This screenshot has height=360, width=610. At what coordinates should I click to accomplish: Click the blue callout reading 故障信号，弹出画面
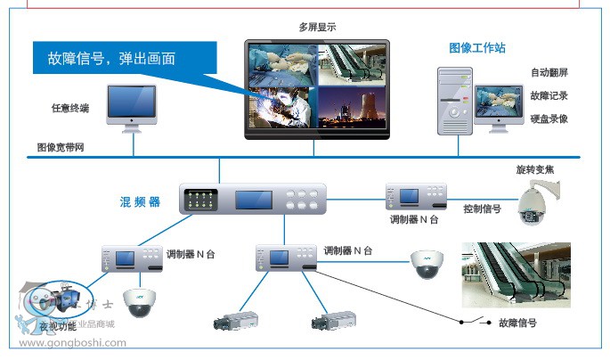(x=111, y=60)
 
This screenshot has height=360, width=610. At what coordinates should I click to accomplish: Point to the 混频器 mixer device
(x=253, y=199)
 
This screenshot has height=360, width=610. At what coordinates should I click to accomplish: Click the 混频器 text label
(x=140, y=202)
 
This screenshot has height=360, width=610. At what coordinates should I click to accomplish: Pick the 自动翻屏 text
(x=549, y=72)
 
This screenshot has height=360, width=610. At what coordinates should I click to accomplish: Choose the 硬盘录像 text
(x=549, y=119)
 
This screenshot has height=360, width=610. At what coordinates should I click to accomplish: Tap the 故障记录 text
(x=549, y=95)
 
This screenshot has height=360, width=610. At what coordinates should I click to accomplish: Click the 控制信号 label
(x=482, y=209)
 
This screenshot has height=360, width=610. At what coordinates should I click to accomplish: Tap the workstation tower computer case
(x=454, y=101)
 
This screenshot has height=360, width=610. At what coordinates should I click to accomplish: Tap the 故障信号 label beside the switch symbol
(x=516, y=324)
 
